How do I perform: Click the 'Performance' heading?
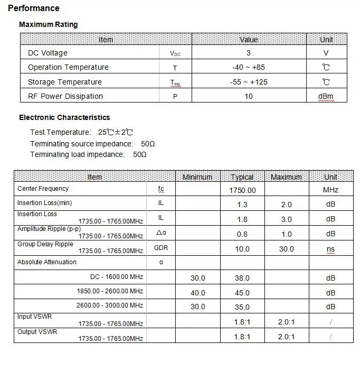[x=34, y=8]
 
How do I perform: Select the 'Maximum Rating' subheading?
[x=48, y=24]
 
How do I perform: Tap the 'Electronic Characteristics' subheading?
[x=64, y=117]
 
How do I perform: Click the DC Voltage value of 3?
[x=249, y=53]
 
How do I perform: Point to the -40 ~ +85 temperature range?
[x=249, y=67]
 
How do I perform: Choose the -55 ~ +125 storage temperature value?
[x=249, y=82]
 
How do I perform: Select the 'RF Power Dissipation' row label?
[x=65, y=96]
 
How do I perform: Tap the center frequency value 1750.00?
[x=242, y=190]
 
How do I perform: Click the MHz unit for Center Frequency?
[x=330, y=190]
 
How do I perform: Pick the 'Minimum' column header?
[x=197, y=177]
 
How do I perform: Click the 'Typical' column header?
[x=242, y=177]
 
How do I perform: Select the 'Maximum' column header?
[x=286, y=177]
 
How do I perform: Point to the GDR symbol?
[x=161, y=248]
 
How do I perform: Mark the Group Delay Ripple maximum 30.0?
[x=286, y=249]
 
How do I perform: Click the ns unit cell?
[x=330, y=249]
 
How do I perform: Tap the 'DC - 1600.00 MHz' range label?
[x=116, y=276]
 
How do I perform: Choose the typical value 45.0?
[x=242, y=293]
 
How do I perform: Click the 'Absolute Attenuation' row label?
[x=47, y=262]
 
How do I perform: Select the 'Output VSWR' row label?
[x=37, y=332]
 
